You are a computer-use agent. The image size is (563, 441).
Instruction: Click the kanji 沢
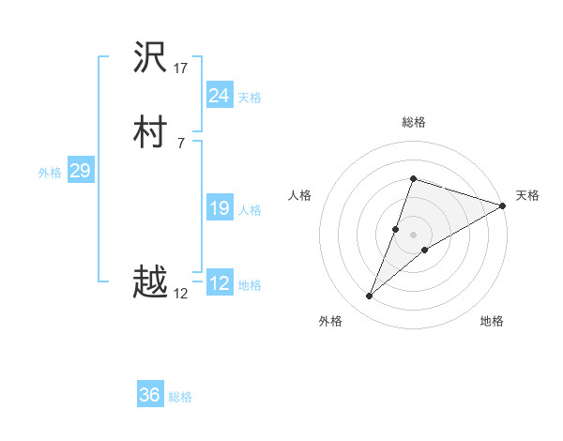point(151,59)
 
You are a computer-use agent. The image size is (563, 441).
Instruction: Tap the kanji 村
point(151,133)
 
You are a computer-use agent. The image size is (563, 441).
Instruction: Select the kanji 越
point(151,282)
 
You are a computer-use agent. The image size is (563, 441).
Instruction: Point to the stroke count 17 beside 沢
point(181,68)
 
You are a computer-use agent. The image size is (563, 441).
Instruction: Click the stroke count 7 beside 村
point(180,143)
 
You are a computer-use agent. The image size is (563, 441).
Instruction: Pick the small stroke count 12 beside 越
point(181,294)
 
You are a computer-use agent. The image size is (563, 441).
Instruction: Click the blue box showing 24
point(219,95)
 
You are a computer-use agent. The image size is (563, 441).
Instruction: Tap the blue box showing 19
point(219,208)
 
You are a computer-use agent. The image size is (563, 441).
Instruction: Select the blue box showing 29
point(80,171)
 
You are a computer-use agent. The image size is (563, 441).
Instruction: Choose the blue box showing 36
point(150,395)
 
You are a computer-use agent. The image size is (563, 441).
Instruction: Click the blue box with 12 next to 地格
point(219,283)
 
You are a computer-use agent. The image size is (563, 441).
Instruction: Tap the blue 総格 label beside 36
point(180,397)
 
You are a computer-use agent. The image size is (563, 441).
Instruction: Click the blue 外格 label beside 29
point(50,172)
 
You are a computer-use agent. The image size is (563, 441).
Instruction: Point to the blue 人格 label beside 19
point(250,210)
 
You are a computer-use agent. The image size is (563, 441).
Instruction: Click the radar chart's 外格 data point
point(370,297)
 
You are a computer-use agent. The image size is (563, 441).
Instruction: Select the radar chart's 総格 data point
point(413,178)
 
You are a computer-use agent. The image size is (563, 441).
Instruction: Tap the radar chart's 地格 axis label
point(492,322)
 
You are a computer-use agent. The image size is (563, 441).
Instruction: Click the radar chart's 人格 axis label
point(300,195)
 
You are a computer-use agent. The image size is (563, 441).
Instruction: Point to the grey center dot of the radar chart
point(413,235)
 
